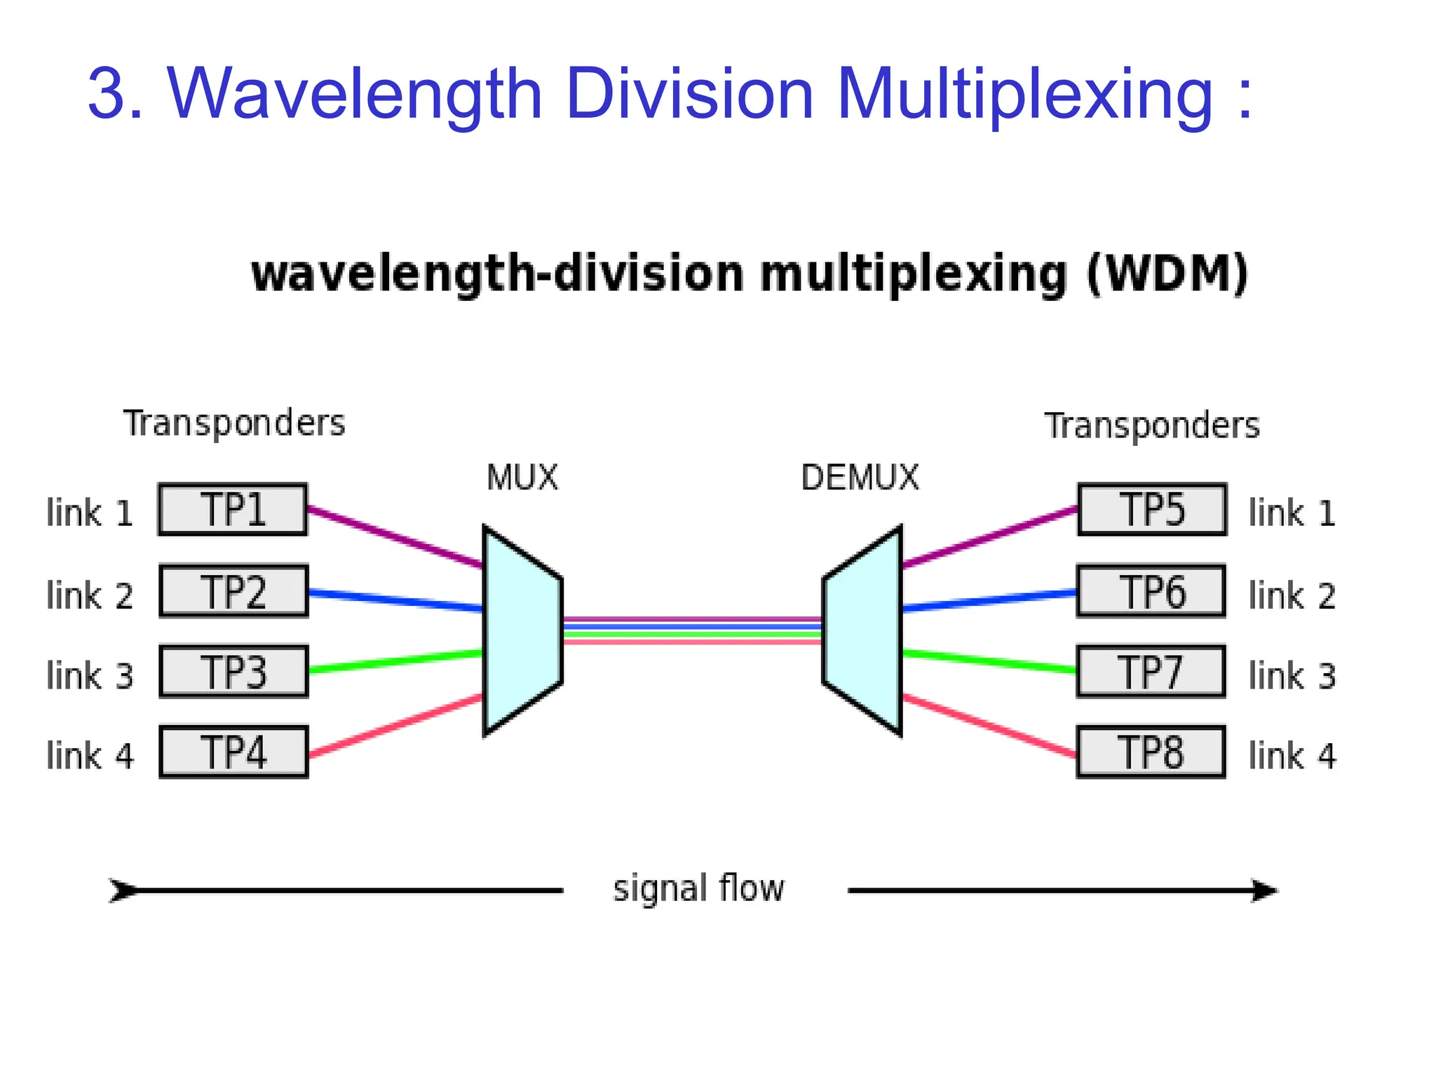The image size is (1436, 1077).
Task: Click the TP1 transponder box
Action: tap(233, 510)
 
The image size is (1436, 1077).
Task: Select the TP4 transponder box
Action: tap(233, 752)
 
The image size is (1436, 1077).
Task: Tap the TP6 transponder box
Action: tap(1151, 591)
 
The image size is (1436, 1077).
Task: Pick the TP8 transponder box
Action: tap(1151, 752)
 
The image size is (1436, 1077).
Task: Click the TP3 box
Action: tap(233, 672)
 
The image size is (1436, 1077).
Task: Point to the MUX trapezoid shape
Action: tap(522, 631)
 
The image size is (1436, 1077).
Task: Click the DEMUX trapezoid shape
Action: tap(863, 631)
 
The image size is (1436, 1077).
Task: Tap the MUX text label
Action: tap(522, 478)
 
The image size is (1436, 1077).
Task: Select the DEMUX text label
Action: tap(860, 478)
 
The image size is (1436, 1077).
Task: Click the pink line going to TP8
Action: tap(989, 726)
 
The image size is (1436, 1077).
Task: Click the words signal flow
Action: tap(698, 889)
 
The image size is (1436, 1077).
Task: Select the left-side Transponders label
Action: tap(234, 424)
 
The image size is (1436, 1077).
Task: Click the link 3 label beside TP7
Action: tap(1292, 676)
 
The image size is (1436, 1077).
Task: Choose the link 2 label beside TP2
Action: tap(90, 596)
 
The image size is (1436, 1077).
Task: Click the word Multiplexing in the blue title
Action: tap(1024, 95)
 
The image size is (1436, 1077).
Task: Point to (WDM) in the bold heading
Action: tap(1167, 274)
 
